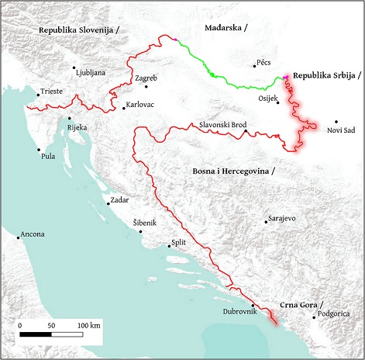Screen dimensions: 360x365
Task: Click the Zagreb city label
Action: coord(146,78)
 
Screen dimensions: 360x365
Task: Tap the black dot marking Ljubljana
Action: coord(74,67)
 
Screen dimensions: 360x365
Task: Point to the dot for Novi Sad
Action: coord(336,121)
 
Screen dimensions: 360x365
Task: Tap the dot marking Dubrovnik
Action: coord(253,305)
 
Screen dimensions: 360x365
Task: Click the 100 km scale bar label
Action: coord(89,324)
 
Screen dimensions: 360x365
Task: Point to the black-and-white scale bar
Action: coord(51,334)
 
